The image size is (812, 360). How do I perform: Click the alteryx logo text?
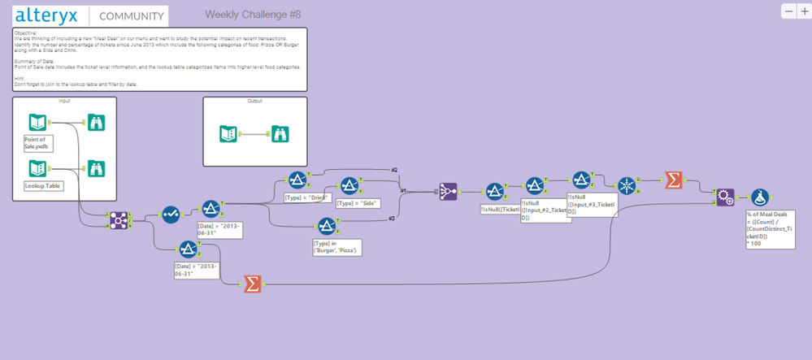[51, 15]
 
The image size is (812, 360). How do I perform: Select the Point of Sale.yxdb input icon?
[37, 124]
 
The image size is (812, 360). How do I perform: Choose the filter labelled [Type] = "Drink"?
[296, 180]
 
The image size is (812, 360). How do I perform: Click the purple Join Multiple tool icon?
[449, 192]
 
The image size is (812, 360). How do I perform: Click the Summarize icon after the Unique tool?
[673, 180]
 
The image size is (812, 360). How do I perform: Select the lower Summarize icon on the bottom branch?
[252, 284]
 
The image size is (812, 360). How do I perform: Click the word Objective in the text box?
[26, 32]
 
